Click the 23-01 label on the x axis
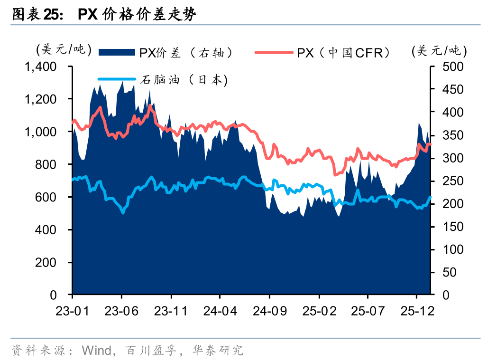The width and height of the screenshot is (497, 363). [72, 311]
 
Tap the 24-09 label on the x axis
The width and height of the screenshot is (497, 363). [269, 311]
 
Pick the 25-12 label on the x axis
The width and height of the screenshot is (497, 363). [416, 311]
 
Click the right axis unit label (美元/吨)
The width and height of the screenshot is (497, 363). [439, 50]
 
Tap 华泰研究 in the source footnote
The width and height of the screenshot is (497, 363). [218, 351]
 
